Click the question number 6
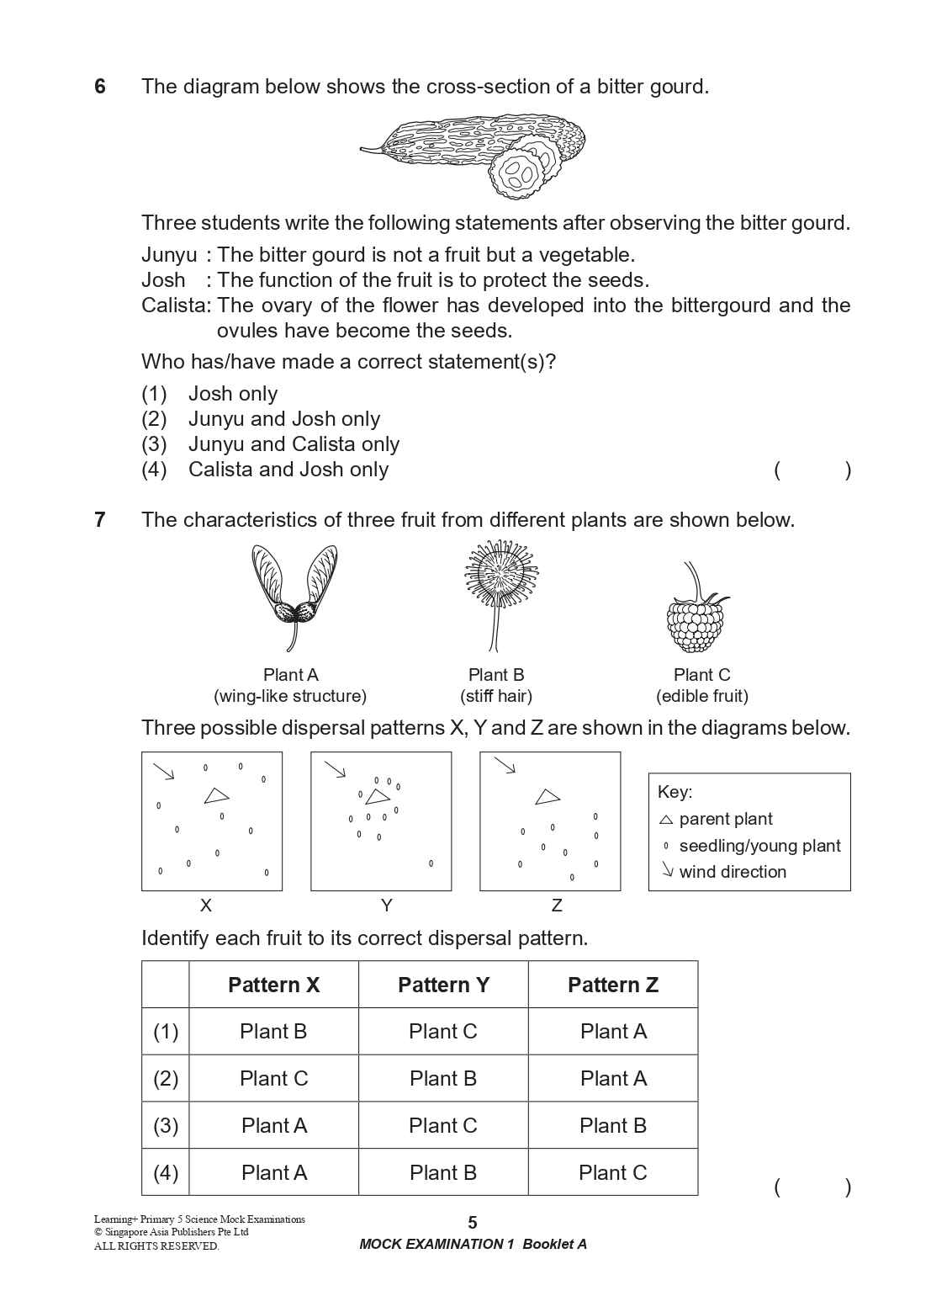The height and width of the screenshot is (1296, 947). click(100, 87)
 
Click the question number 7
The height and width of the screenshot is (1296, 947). click(100, 520)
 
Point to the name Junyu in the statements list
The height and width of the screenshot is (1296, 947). click(168, 255)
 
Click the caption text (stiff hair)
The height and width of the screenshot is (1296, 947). click(496, 696)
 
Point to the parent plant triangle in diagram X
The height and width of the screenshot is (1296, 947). click(216, 795)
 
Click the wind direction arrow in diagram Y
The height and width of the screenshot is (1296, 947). click(336, 770)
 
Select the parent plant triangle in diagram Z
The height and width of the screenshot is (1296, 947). click(548, 796)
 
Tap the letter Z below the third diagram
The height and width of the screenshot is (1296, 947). click(556, 906)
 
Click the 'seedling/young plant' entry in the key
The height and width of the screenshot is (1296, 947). click(759, 846)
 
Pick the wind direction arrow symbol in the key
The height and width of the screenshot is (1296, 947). click(667, 871)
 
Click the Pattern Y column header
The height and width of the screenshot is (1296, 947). click(443, 985)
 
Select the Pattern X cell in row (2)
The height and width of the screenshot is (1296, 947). click(273, 1079)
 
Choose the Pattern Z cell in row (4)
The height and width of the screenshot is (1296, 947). click(612, 1172)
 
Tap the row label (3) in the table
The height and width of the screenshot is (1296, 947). click(166, 1126)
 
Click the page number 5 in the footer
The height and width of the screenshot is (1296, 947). click(473, 1223)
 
